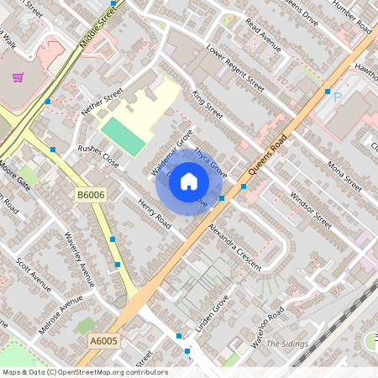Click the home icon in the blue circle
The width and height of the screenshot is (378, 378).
(x=189, y=181)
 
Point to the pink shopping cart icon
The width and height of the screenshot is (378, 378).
(x=18, y=77)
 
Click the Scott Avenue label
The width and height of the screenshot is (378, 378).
(x=34, y=274)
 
